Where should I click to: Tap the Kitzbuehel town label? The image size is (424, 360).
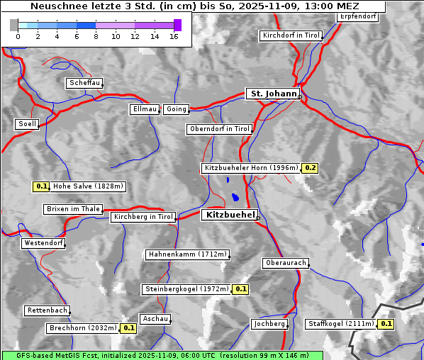click(229, 215)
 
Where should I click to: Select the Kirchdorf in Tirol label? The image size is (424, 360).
click(291, 35)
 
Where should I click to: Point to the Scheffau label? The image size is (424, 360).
click(84, 84)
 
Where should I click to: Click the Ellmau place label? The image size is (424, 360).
click(144, 109)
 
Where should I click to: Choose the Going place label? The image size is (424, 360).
click(176, 109)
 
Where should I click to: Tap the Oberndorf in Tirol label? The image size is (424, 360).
click(219, 129)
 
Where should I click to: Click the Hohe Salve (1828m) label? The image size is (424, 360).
click(88, 186)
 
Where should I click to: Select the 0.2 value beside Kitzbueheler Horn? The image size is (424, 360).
click(310, 168)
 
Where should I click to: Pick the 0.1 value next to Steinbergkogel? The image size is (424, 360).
click(240, 289)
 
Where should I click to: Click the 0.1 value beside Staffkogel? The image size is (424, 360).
click(386, 324)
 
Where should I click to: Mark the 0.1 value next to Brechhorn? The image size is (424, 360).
click(128, 328)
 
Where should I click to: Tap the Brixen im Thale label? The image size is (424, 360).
click(73, 209)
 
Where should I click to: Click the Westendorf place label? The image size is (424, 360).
click(43, 243)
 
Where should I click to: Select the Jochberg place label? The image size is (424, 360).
click(269, 324)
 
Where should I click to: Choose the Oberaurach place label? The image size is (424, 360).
click(285, 263)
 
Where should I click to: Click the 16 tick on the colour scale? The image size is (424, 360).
click(174, 36)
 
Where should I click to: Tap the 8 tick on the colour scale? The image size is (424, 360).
click(96, 36)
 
